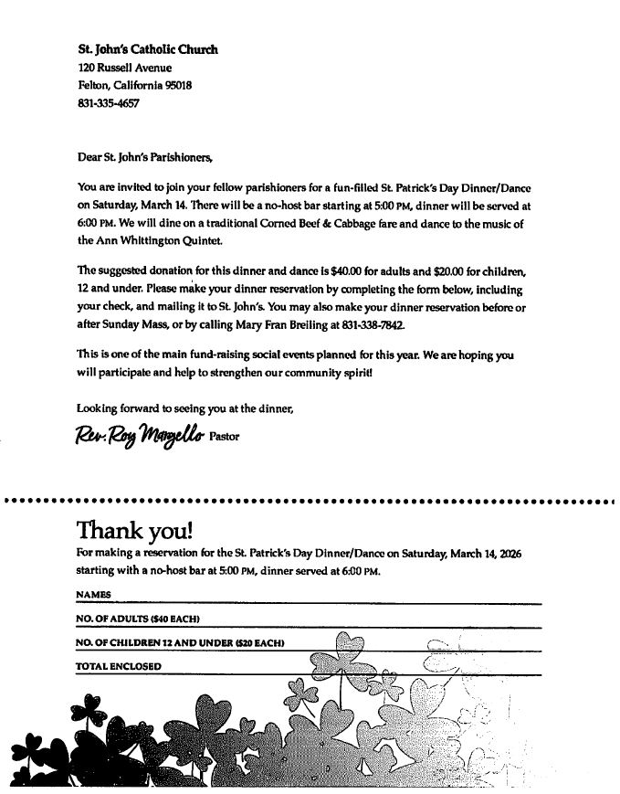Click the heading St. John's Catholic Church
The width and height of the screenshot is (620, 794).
148,49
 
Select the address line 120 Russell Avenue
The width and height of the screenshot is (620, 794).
124,68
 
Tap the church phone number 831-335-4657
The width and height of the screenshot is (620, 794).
109,103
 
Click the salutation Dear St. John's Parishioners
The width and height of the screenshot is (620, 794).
144,157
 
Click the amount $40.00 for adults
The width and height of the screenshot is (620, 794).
334,270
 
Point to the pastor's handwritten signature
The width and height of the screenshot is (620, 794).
140,435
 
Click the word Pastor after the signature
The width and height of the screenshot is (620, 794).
225,437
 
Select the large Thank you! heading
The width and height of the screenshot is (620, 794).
134,531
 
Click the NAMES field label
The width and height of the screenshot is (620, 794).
93,595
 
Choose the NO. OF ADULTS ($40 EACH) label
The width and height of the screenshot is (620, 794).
138,619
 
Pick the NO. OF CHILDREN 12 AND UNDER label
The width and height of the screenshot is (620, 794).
180,644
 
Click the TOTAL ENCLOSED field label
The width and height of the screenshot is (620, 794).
119,667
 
